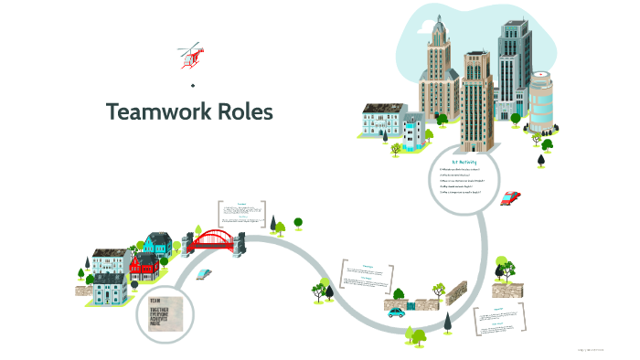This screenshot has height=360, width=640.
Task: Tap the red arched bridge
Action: click(x=214, y=239)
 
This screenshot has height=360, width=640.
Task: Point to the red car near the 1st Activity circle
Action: click(x=511, y=196)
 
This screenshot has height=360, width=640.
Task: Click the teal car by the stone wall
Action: click(x=396, y=312)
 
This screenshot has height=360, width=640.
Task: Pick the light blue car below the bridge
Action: click(x=205, y=272)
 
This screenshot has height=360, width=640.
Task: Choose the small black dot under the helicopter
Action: click(x=193, y=85)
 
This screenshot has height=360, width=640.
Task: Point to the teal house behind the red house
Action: click(x=157, y=245)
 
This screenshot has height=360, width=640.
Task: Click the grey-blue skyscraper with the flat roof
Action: click(x=513, y=69)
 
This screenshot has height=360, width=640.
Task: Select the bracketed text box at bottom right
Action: click(x=502, y=323)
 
